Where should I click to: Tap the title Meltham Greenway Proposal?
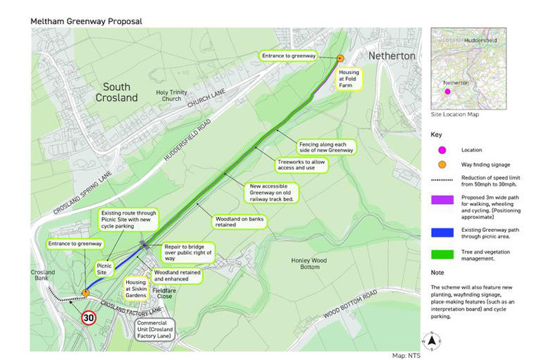click(86, 21)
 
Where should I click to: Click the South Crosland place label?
click(116, 92)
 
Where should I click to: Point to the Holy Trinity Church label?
click(171, 95)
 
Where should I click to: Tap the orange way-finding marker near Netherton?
click(340, 58)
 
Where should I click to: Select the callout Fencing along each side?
click(325, 147)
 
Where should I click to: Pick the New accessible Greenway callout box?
click(271, 192)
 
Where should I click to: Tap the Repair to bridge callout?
click(186, 252)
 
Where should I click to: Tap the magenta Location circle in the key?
click(442, 150)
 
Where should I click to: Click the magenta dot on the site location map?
click(446, 92)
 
